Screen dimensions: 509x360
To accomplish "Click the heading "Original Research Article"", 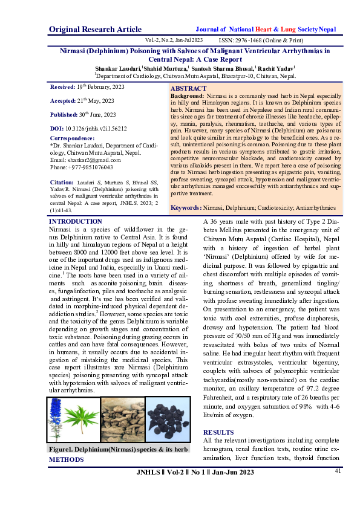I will click(96, 29).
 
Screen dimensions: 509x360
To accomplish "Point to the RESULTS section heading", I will click(218, 433).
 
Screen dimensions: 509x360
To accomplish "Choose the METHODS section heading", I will click(67, 460).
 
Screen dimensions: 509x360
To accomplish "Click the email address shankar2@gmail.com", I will click(87, 160).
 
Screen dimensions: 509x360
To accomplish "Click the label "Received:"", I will click(63, 87).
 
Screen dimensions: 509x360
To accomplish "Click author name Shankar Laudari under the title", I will click(117, 70).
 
